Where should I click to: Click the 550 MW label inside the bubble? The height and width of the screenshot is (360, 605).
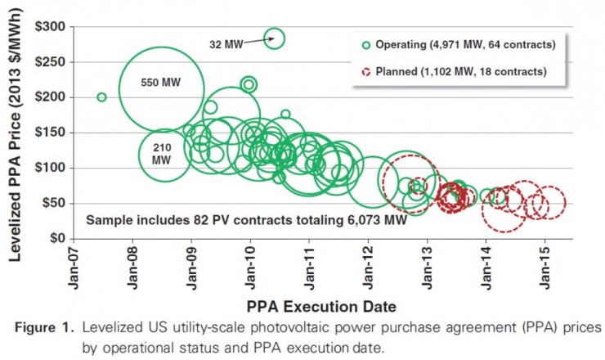[x=160, y=83]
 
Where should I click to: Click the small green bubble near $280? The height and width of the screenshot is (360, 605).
[x=275, y=38]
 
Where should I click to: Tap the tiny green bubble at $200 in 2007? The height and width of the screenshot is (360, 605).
[x=101, y=97]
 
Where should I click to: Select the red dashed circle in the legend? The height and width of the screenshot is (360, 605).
[x=365, y=72]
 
